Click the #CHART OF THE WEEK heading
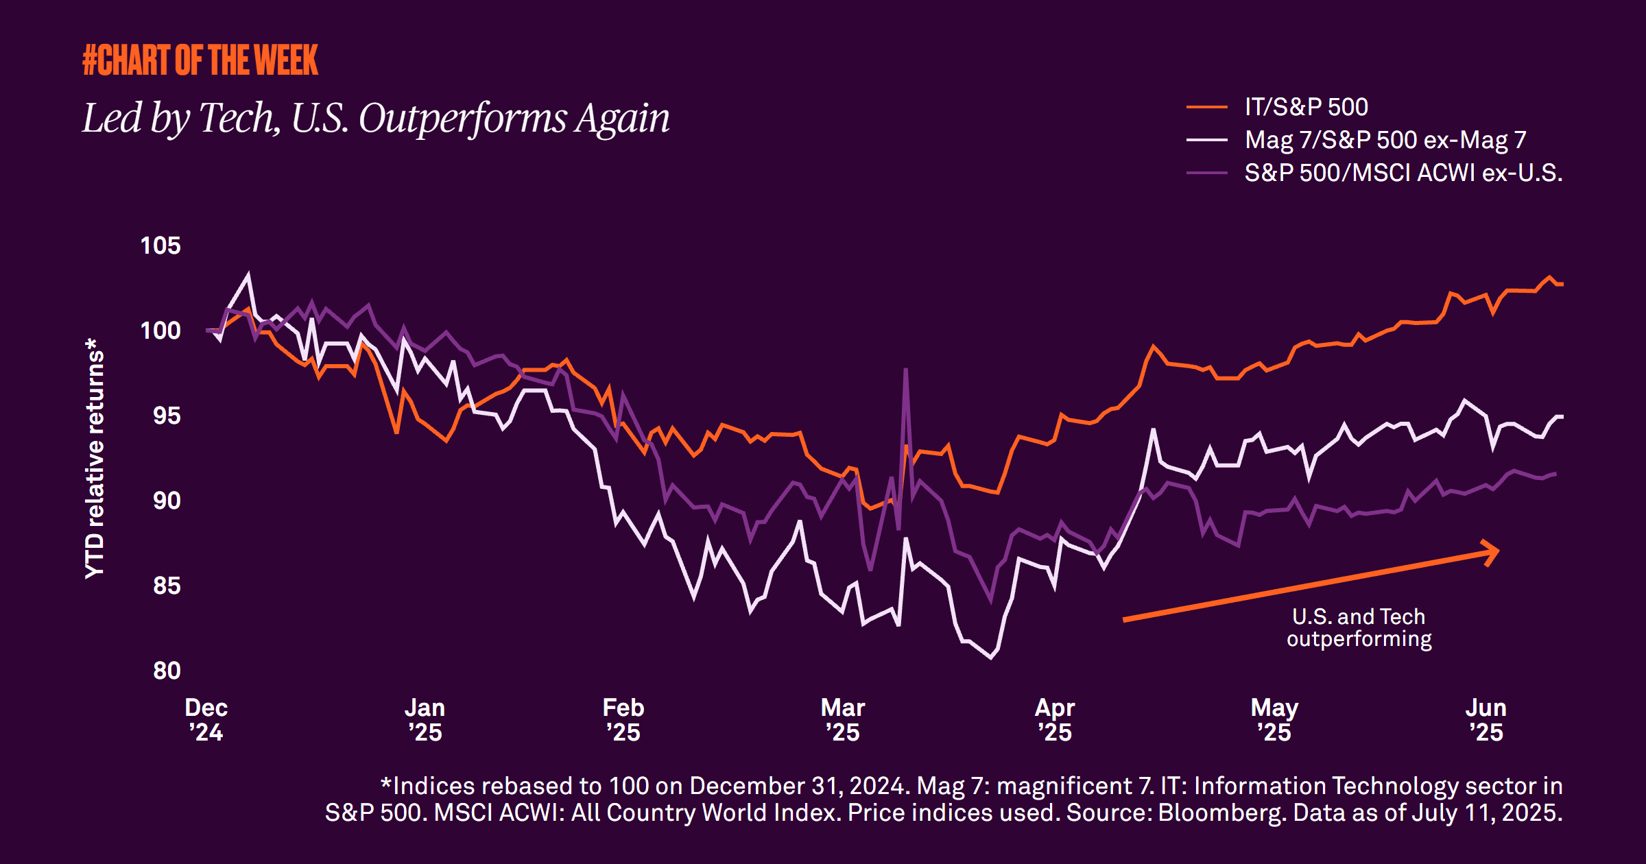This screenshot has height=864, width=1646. [x=200, y=60]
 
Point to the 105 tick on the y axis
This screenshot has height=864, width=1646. [x=160, y=245]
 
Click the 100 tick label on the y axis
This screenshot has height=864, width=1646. [x=160, y=331]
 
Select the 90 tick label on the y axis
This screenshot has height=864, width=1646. [x=166, y=501]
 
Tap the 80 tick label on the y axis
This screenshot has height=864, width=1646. [x=166, y=671]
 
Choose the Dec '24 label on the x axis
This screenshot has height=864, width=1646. [x=206, y=719]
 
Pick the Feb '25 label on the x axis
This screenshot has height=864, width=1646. [x=623, y=719]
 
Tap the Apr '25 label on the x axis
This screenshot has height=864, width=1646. [x=1054, y=719]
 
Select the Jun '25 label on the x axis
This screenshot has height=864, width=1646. [x=1486, y=719]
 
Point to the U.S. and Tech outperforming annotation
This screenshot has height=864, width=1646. [x=1359, y=627]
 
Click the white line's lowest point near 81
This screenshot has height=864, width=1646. [x=991, y=657]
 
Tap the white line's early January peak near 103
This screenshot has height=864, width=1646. [x=248, y=275]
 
